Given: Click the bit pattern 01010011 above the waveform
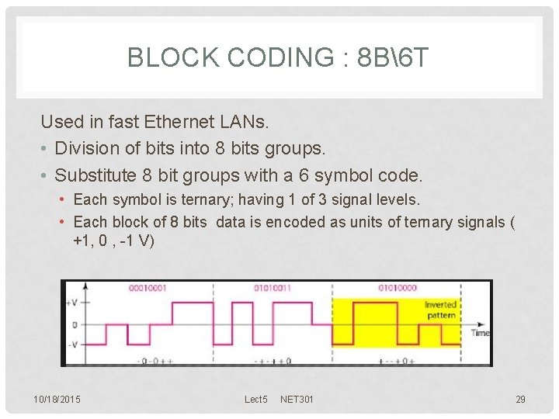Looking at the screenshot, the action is pyautogui.click(x=272, y=288).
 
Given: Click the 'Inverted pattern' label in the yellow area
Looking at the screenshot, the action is pyautogui.click(x=440, y=310).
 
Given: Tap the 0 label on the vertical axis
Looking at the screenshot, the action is pyautogui.click(x=74, y=324).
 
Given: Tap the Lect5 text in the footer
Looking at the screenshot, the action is pyautogui.click(x=255, y=400).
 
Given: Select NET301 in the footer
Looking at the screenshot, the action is pyautogui.click(x=297, y=400).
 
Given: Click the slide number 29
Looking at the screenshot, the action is pyautogui.click(x=520, y=400).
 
